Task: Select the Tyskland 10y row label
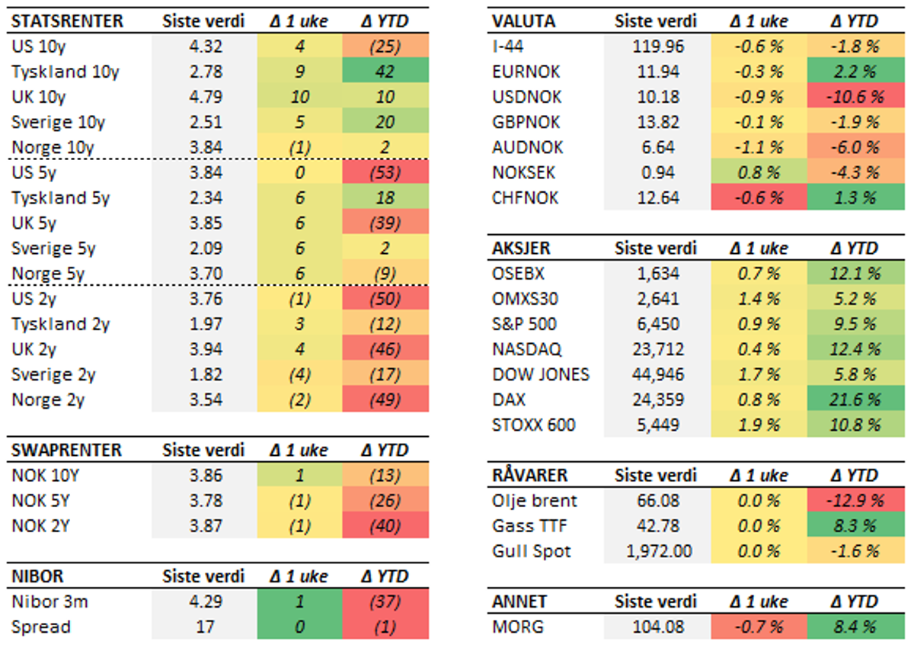(x=66, y=72)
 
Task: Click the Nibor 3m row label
(x=50, y=601)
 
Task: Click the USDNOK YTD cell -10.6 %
(x=855, y=98)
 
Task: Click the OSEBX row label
(x=519, y=274)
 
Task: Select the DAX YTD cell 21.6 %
(x=855, y=399)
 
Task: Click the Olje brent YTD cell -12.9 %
(x=855, y=501)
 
